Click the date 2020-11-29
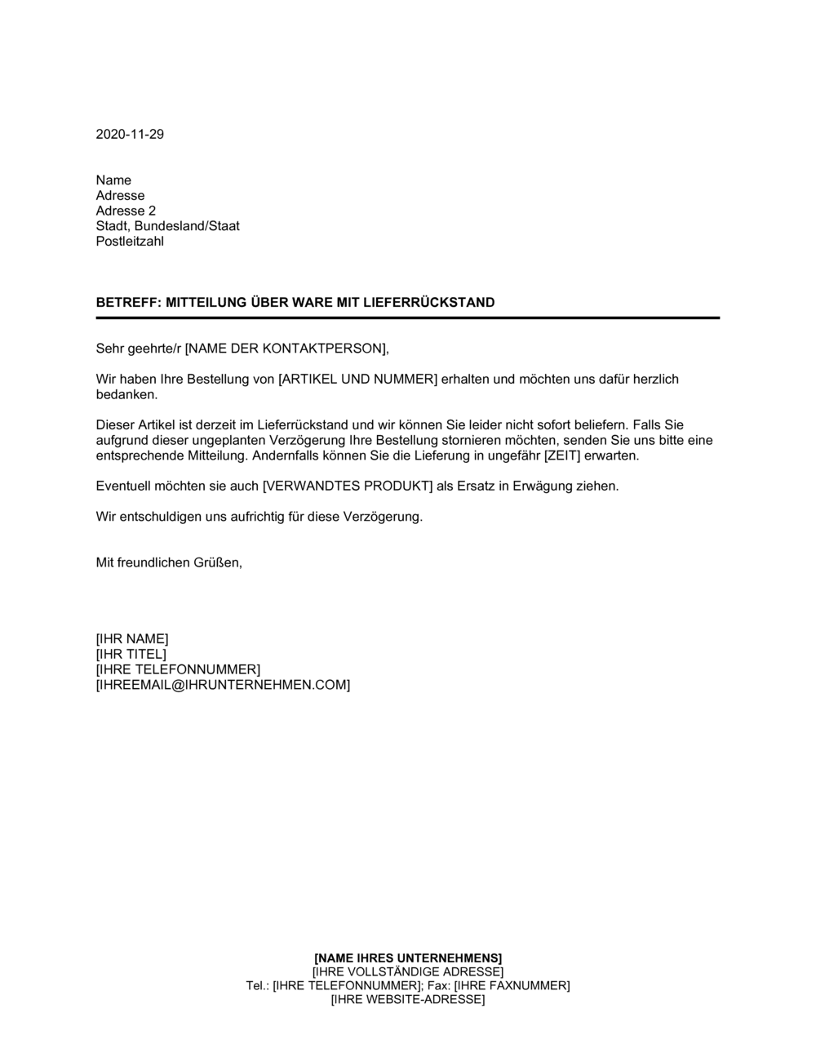pyautogui.click(x=130, y=135)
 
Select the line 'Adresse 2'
pyautogui.click(x=126, y=211)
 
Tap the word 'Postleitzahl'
pyautogui.click(x=130, y=242)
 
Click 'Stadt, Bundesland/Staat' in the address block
pyautogui.click(x=167, y=226)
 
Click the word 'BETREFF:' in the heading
pyautogui.click(x=129, y=303)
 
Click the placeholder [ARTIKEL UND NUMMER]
pyautogui.click(x=358, y=380)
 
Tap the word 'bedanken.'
pyautogui.click(x=126, y=395)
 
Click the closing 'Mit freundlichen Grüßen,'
pyautogui.click(x=169, y=563)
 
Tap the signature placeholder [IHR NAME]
pyautogui.click(x=132, y=639)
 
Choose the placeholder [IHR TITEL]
pyautogui.click(x=131, y=655)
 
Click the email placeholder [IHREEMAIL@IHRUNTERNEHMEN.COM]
pyautogui.click(x=223, y=685)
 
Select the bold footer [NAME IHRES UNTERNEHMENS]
pyautogui.click(x=408, y=957)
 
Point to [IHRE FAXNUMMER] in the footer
pyautogui.click(x=512, y=986)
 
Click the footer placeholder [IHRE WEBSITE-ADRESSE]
pyautogui.click(x=408, y=1000)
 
